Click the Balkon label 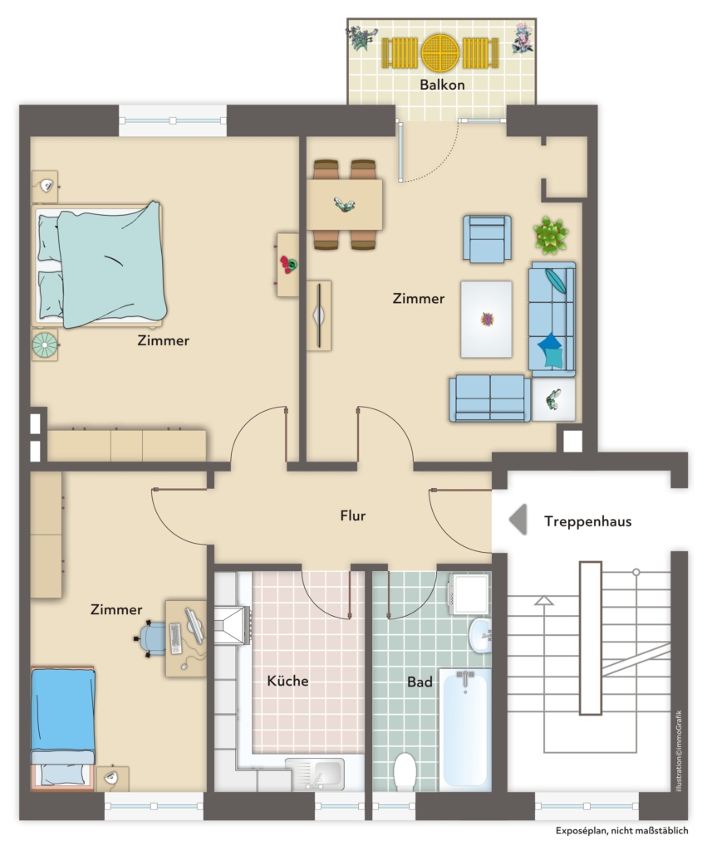(442, 85)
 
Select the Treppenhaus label (587, 521)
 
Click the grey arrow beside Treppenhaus (518, 519)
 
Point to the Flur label (352, 515)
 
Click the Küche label (287, 681)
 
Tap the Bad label (420, 682)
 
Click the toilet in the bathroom (405, 771)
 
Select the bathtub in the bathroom (464, 729)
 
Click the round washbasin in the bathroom (479, 635)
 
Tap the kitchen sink (315, 774)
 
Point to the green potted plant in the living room (551, 235)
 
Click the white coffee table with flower (486, 320)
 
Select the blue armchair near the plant (487, 238)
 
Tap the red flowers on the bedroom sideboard (288, 265)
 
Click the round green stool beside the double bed (45, 345)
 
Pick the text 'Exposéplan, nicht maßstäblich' (622, 830)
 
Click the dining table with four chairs (344, 204)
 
